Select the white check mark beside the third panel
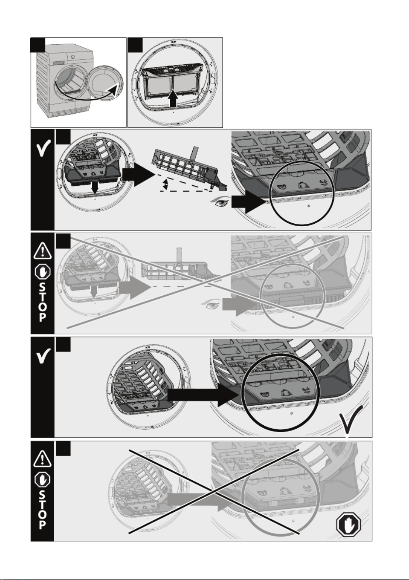(x=42, y=150)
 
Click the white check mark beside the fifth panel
(x=42, y=357)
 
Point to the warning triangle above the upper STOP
(x=42, y=251)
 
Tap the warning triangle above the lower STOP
(x=42, y=459)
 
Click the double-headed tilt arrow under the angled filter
(x=165, y=185)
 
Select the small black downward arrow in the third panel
(x=95, y=187)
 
